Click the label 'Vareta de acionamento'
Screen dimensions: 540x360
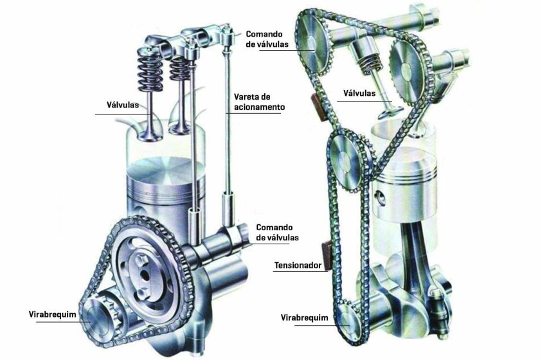click(260, 102)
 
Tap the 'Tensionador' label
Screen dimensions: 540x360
click(298, 265)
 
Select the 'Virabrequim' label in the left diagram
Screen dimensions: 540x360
click(52, 314)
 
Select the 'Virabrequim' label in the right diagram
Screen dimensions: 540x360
click(305, 318)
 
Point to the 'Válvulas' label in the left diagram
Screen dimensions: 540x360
click(123, 105)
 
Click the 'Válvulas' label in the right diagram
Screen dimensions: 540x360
click(359, 93)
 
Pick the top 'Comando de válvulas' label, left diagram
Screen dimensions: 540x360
click(267, 39)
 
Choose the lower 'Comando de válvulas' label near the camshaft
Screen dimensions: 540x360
click(277, 233)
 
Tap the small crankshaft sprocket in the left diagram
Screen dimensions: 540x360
click(98, 315)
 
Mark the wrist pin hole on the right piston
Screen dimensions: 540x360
click(381, 199)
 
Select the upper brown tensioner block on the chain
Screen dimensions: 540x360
click(319, 107)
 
